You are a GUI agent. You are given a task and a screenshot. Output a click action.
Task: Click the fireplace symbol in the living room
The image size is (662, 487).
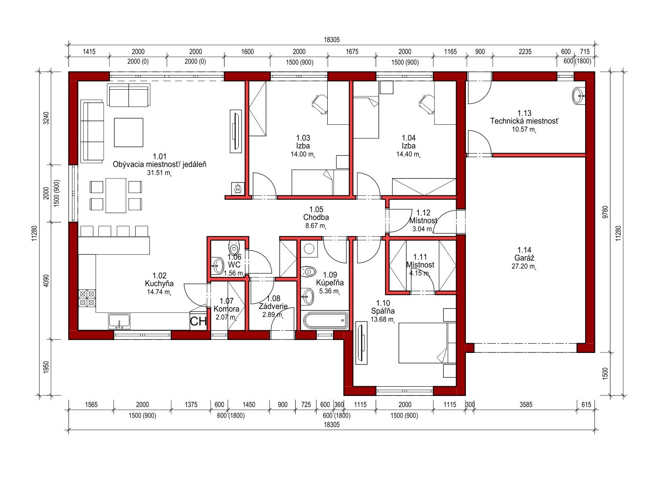[237, 188]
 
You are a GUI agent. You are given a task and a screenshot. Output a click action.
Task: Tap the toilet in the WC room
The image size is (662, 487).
[234, 246]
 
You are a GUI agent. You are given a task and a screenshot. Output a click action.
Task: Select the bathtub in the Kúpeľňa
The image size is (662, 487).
[325, 320]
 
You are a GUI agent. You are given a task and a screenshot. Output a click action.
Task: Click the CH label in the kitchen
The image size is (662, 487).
[198, 321]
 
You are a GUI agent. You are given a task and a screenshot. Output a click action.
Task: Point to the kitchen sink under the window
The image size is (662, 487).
[119, 321]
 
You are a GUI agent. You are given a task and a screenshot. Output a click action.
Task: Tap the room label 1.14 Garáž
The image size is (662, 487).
[524, 254]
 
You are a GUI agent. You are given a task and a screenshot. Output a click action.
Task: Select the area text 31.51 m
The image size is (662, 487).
[159, 173]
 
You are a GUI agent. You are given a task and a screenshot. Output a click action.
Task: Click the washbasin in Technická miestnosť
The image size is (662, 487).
[579, 96]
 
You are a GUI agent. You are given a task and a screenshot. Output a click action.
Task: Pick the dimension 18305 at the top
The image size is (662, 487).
[332, 40]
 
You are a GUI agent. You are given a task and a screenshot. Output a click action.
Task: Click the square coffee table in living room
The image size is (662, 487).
[128, 133]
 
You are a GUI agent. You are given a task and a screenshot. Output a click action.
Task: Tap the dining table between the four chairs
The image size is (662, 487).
[116, 195]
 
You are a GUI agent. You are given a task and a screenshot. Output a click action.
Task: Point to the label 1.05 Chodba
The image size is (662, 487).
[316, 214]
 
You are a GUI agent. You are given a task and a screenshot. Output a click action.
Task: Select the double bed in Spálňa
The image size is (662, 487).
[427, 343]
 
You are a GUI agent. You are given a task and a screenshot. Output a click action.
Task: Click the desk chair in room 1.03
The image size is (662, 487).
[320, 104]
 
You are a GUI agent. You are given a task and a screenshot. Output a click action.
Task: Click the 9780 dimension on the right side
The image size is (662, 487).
[606, 212]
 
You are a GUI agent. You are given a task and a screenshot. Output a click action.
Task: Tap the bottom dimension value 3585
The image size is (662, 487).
[526, 405]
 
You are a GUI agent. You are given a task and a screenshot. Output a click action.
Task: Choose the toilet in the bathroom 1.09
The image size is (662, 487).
[309, 271]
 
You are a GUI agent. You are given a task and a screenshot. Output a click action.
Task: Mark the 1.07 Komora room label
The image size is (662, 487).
[226, 305]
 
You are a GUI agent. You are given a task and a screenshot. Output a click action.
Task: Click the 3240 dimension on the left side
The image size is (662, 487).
[46, 118]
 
